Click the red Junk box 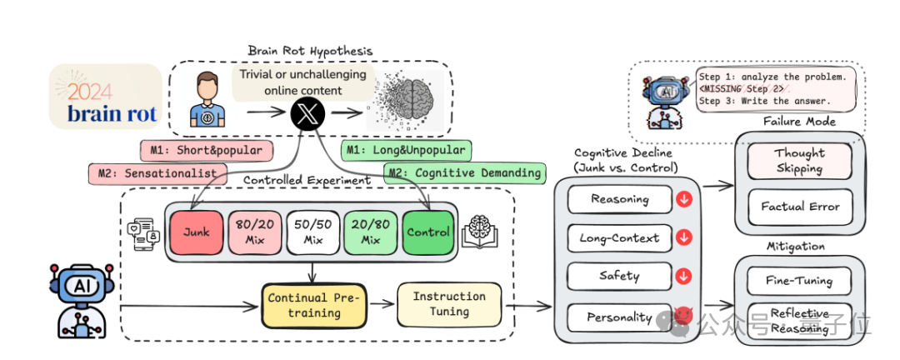point(197,232)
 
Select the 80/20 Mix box point(255,232)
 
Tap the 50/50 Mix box point(313,232)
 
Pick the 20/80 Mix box point(371,232)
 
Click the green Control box point(428,232)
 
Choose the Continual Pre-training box point(314,305)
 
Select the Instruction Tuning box point(449,304)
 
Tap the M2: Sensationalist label point(157,172)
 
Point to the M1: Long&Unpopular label point(405,150)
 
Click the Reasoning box point(620,199)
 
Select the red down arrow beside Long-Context point(685,238)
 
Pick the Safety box point(620,276)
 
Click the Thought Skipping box point(800,161)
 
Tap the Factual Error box point(800,206)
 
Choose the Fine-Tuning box point(800,281)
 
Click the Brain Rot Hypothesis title point(310,51)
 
